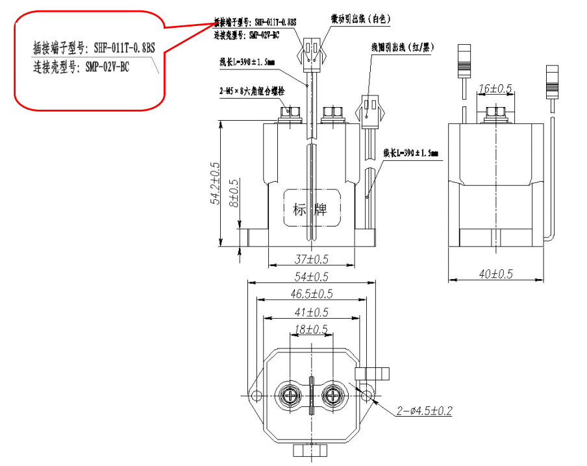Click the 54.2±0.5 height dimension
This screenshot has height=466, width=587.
click(x=215, y=184)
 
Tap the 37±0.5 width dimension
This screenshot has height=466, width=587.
click(x=310, y=259)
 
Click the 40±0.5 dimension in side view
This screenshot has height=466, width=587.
click(x=496, y=275)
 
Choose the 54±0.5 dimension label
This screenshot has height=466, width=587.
click(x=310, y=277)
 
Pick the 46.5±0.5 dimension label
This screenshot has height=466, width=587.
click(x=310, y=294)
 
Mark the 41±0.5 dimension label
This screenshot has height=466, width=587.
click(x=310, y=312)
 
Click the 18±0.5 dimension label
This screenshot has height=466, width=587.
click(x=310, y=330)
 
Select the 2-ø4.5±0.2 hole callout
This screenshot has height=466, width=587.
click(x=424, y=411)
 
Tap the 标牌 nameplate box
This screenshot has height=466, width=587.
click(x=310, y=209)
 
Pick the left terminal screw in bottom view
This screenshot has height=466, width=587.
click(x=289, y=394)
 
